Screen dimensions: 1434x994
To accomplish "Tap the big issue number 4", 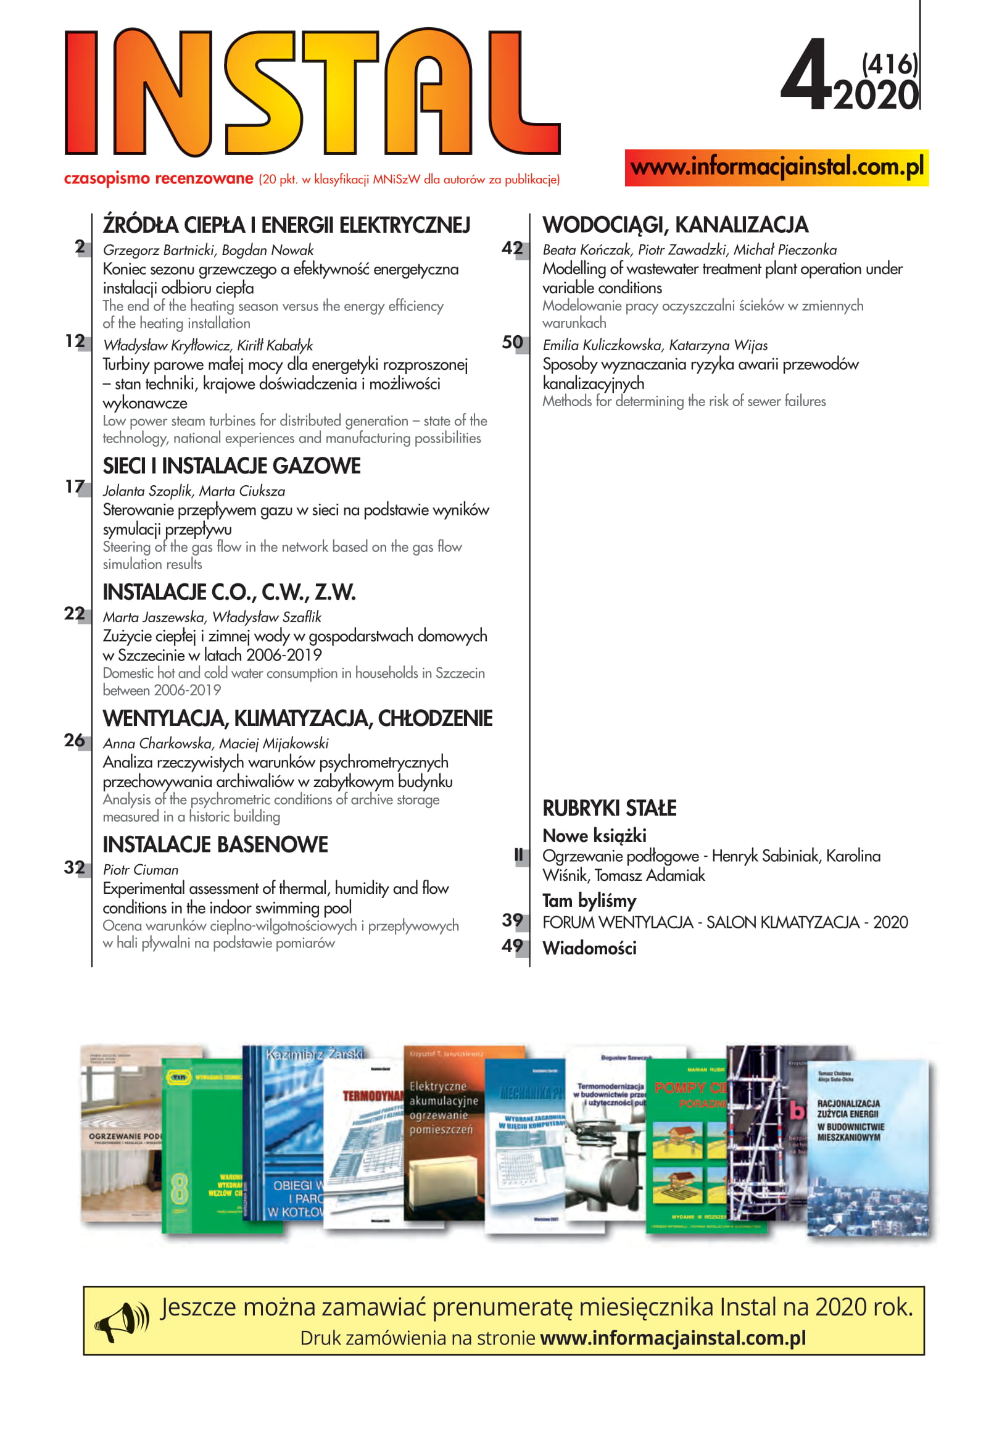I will coord(805,76).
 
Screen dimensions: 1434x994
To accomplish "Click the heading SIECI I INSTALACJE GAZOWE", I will coord(231,466).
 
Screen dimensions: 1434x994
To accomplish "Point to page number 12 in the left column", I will coord(75,341).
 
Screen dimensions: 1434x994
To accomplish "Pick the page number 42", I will coord(512,249).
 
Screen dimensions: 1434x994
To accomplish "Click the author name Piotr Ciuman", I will coord(141,870).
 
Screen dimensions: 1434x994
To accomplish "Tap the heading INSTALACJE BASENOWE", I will coord(215,844).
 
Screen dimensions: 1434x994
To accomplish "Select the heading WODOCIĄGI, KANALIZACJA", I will coord(675,225).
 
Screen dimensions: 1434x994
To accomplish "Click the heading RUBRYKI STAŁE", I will coord(609,809).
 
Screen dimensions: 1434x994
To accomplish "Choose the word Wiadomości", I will coord(589,948).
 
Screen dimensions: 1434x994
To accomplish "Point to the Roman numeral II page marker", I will coord(518,856).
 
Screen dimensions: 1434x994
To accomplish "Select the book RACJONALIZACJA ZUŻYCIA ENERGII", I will coord(867,1146).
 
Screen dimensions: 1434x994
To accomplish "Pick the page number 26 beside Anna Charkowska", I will coord(75,740).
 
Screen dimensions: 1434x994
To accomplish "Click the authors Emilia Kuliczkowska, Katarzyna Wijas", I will coord(655,345).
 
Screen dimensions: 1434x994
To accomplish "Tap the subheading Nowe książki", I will coord(594,835).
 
